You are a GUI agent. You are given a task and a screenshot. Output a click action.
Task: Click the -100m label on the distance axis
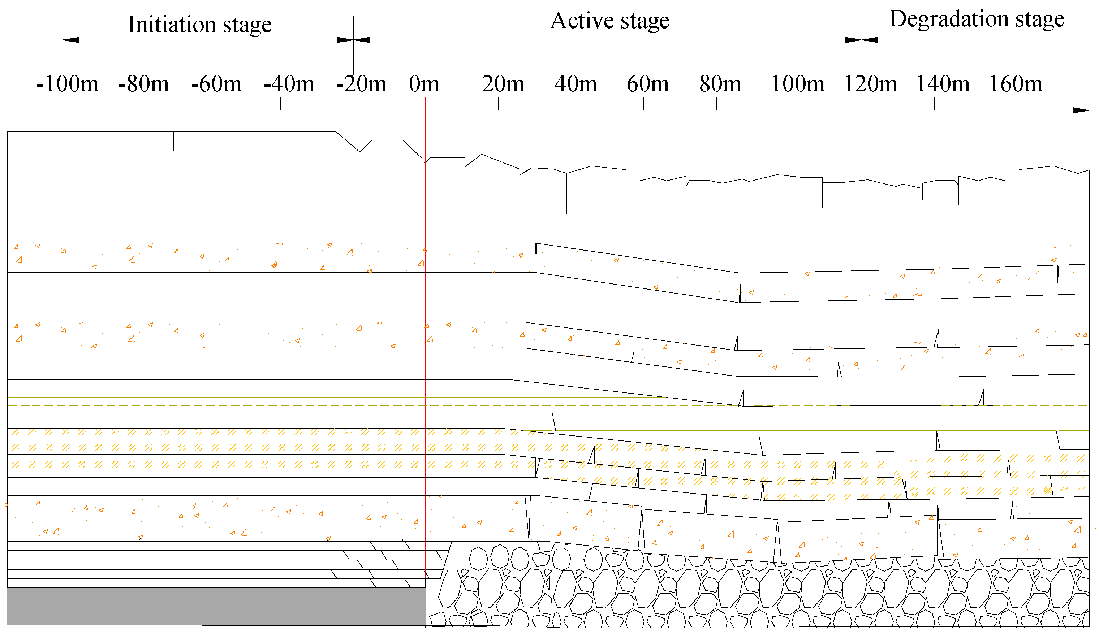coord(68,84)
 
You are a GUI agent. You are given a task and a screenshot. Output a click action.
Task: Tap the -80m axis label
coord(143,84)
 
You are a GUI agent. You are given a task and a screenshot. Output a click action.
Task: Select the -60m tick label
coord(216,84)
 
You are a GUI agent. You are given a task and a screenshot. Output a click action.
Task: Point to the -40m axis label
coord(289,84)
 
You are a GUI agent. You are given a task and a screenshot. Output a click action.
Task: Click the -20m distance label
coord(361,84)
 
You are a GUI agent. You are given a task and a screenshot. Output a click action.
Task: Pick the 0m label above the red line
coord(424,84)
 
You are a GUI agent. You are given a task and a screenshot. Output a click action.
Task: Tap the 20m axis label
coord(503,84)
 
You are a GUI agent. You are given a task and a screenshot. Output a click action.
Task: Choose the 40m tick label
coord(575,84)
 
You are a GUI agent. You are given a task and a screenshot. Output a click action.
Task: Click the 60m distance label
coord(648,84)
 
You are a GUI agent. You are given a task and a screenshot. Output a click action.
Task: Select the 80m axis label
coord(720,84)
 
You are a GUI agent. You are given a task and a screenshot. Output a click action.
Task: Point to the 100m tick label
coord(798,84)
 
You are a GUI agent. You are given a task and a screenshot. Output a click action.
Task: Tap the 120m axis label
coord(870,84)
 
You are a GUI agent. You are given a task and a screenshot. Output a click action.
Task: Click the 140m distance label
coord(943,84)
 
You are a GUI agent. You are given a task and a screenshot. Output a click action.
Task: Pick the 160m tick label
coord(1016,84)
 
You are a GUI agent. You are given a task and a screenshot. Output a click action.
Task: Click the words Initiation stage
coord(200,25)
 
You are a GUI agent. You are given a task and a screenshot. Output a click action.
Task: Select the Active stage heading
coord(610,21)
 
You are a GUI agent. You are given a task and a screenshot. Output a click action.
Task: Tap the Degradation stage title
coord(977,19)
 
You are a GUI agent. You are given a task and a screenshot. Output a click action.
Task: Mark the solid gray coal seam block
coord(216,606)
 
